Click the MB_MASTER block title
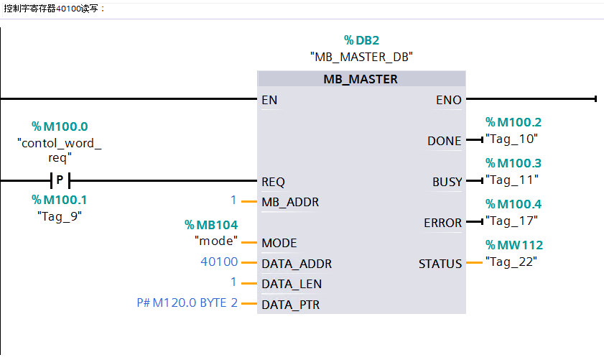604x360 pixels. click(361, 79)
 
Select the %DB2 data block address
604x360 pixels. click(361, 40)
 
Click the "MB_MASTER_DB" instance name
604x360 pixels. click(361, 56)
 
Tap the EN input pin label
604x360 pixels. click(269, 100)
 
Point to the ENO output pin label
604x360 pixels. click(449, 100)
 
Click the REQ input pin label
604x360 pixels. click(274, 182)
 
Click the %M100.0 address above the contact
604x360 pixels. click(60, 126)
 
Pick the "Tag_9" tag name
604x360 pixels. click(60, 215)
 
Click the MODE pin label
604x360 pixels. click(279, 243)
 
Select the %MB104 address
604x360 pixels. click(211, 226)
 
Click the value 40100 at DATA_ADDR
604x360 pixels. click(219, 263)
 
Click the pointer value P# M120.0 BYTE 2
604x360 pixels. click(187, 303)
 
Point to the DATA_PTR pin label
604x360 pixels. click(291, 305)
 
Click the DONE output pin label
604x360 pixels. click(445, 141)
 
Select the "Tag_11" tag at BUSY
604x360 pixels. click(512, 180)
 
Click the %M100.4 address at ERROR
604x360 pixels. click(514, 204)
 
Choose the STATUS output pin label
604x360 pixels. click(440, 264)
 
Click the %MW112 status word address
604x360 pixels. click(514, 245)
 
